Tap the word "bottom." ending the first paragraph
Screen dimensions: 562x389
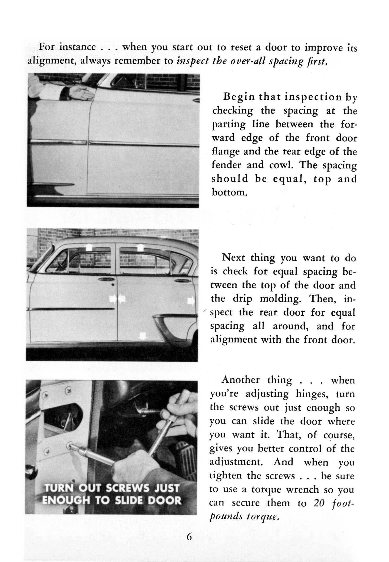(230, 192)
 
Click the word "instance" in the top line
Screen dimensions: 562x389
(77, 47)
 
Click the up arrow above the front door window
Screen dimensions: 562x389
(89, 247)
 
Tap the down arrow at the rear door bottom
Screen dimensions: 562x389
(143, 336)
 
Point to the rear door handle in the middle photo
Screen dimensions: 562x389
(181, 281)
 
